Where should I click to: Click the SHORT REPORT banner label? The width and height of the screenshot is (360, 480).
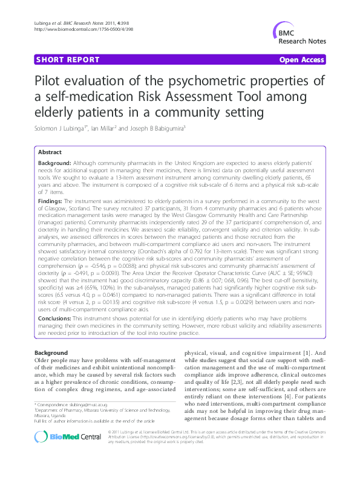coord(68,59)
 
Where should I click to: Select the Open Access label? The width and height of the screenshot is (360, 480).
coord(303,59)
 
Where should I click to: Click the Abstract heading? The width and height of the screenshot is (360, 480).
coord(50,152)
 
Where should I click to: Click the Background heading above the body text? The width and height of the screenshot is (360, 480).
coord(51,352)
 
